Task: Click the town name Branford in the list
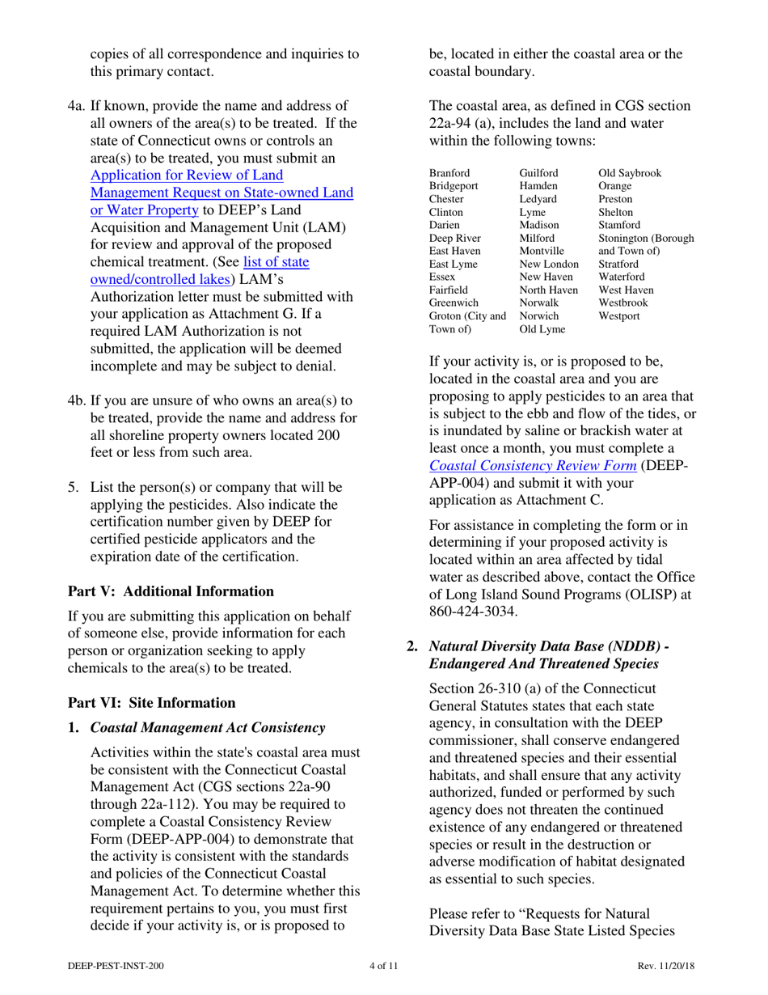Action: tap(450, 174)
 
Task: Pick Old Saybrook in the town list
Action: tap(629, 174)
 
